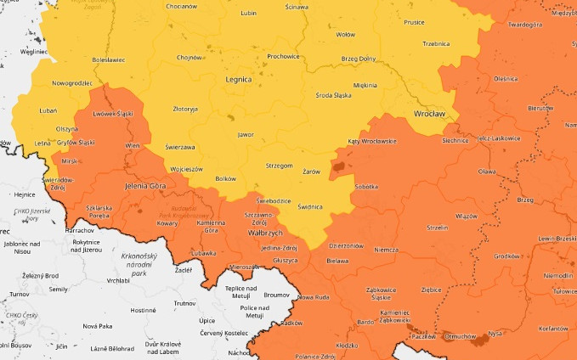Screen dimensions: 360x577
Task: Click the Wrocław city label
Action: (x=429, y=113)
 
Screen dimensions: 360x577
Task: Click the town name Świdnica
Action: (x=310, y=206)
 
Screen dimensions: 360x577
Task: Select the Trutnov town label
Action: (x=184, y=302)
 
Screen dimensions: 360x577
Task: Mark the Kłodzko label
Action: (x=346, y=346)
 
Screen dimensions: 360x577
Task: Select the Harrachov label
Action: (x=79, y=230)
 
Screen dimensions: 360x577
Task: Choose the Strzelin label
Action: (x=438, y=228)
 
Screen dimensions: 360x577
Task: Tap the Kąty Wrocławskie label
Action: (x=372, y=141)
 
